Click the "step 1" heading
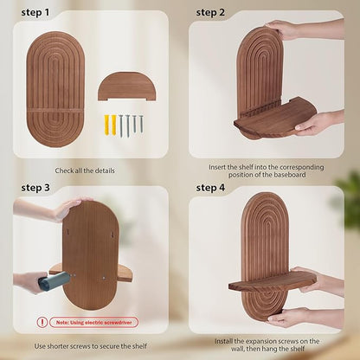click(x=35, y=13)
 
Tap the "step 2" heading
click(x=210, y=13)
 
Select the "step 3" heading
click(x=35, y=188)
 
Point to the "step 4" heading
click(x=210, y=188)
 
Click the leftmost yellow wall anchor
click(x=107, y=125)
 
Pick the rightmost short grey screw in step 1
click(x=141, y=124)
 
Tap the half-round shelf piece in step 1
click(x=127, y=87)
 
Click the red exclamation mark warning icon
click(x=42, y=322)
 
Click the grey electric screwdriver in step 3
click(x=54, y=280)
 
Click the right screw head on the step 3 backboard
click(x=103, y=278)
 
